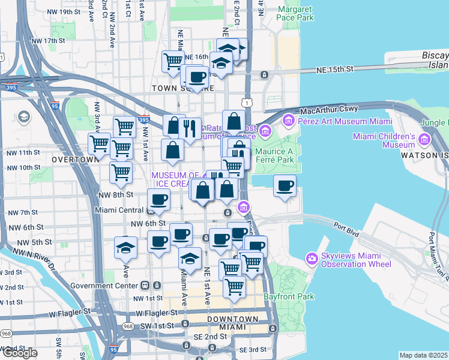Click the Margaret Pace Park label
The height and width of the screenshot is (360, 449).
295,14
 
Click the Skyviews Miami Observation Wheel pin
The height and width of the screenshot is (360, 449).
312,259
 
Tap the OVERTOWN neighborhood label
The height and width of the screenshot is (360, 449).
74,160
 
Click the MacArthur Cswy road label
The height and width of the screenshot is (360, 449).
329,109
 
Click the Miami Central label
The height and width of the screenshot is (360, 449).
120,211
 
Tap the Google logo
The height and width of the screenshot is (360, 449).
19,353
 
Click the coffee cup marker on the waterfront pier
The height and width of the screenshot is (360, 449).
285,185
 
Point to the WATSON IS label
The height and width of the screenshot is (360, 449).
427,160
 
